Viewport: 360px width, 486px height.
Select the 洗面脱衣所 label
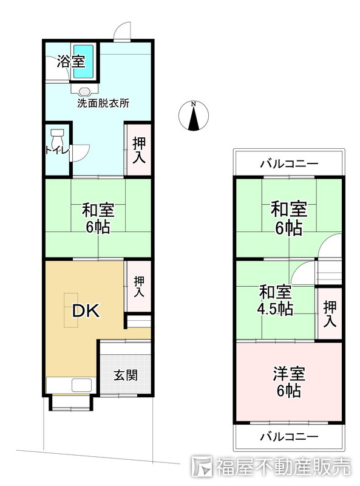[x=103, y=103]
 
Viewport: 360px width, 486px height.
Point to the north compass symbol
[x=194, y=116]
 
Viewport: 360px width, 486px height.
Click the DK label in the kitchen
[x=86, y=311]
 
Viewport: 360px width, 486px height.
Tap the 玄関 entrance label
[x=125, y=374]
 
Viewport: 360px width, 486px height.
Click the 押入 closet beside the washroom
[x=139, y=149]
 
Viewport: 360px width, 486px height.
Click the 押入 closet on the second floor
[x=329, y=313]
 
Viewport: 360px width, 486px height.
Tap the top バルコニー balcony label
[x=289, y=164]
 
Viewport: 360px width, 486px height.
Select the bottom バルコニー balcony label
[x=289, y=436]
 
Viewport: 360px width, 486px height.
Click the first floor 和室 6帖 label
[x=98, y=219]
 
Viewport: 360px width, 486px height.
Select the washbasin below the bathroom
[x=84, y=90]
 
